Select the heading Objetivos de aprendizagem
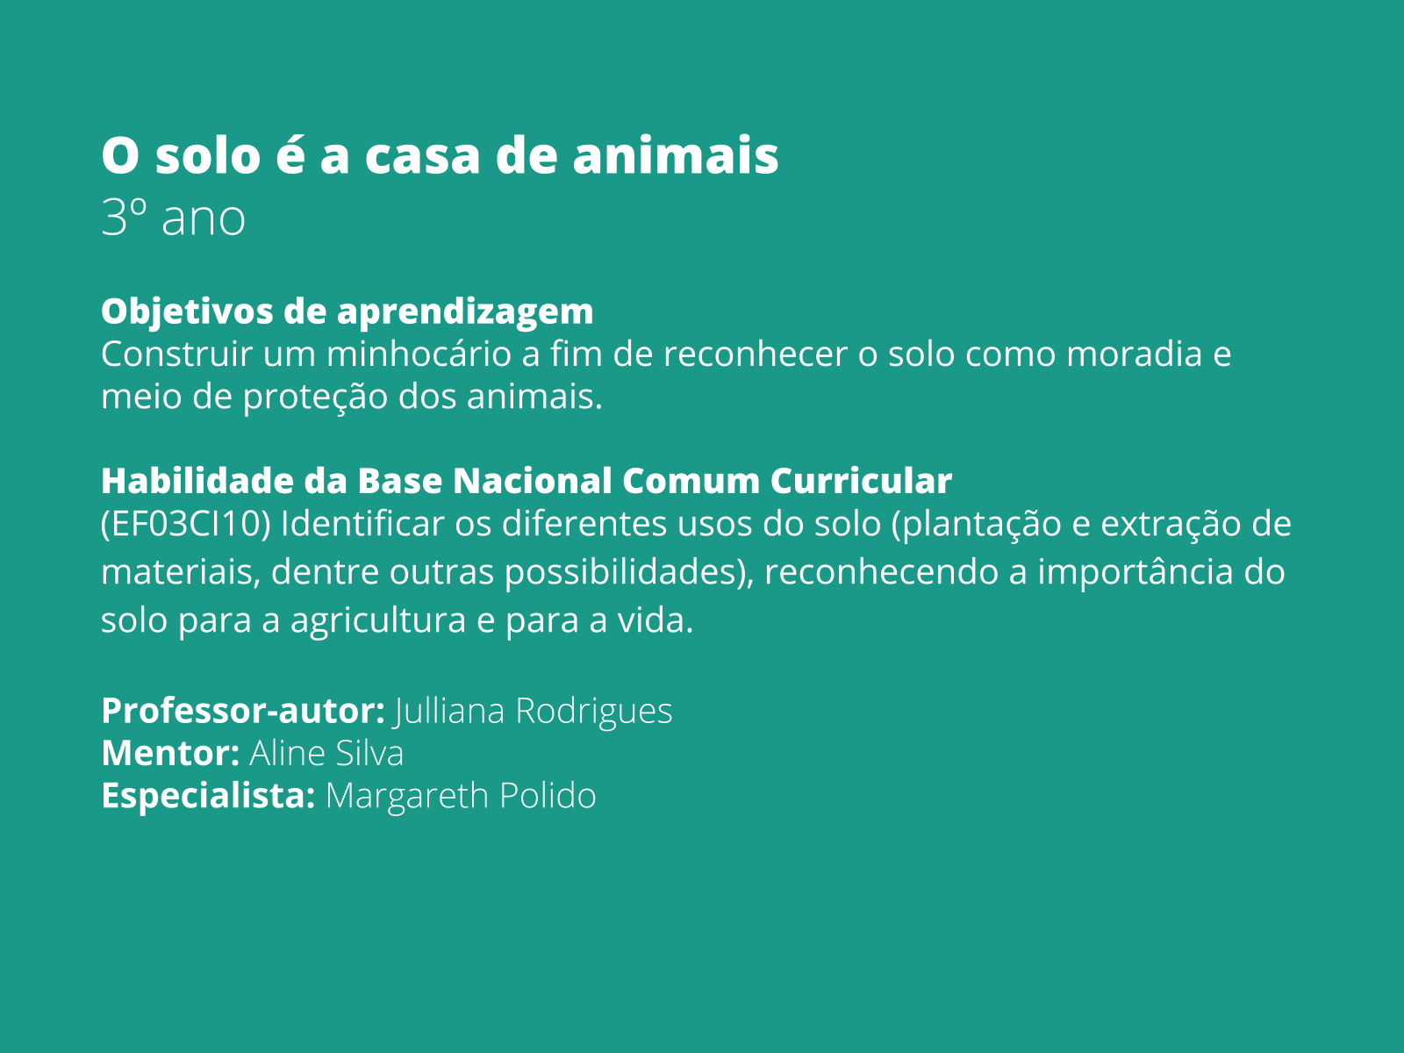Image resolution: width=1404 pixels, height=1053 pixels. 347,312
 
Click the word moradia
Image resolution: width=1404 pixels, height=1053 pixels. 1134,355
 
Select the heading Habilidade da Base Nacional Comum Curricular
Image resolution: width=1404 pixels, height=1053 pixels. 526,481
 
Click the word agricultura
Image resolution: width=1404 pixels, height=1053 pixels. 378,620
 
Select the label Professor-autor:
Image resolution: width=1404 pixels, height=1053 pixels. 243,711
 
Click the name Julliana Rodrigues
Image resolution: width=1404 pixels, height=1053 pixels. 534,711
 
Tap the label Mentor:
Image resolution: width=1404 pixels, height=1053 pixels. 170,754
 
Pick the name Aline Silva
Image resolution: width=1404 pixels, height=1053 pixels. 326,754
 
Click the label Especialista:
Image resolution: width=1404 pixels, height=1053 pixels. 208,796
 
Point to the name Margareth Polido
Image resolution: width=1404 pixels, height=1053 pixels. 461,796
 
